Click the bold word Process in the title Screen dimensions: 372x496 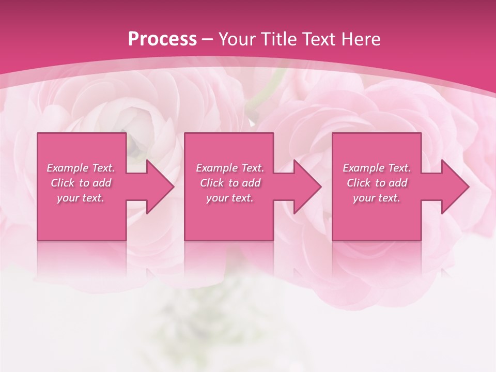(x=162, y=39)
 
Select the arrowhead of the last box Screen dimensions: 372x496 (x=455, y=187)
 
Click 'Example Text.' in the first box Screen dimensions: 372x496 (x=81, y=168)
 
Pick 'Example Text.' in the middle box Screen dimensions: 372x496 (x=230, y=168)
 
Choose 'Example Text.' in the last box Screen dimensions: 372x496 (x=377, y=168)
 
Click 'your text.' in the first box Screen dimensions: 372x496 (x=81, y=198)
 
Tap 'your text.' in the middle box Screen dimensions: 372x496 (x=230, y=198)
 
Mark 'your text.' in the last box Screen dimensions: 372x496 (x=377, y=198)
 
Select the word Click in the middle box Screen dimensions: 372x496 (x=212, y=183)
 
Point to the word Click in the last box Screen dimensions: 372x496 (x=359, y=183)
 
